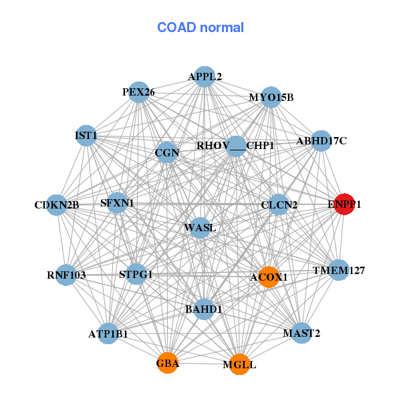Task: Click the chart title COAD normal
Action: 200,27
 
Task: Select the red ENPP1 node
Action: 344,205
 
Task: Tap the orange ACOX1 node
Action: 268,277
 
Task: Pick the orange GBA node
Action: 167,364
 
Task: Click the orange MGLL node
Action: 239,365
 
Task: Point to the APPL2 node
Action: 205,77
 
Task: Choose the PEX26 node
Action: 138,92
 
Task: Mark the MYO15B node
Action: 271,98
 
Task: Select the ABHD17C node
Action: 321,140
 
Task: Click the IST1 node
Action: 86,136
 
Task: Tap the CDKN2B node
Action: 57,205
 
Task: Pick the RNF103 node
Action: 66,274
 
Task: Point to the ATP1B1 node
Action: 108,333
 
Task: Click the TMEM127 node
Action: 339,271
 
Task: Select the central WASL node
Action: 200,228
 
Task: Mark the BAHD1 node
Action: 203,309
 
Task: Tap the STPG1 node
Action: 136,274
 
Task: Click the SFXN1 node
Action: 117,203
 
